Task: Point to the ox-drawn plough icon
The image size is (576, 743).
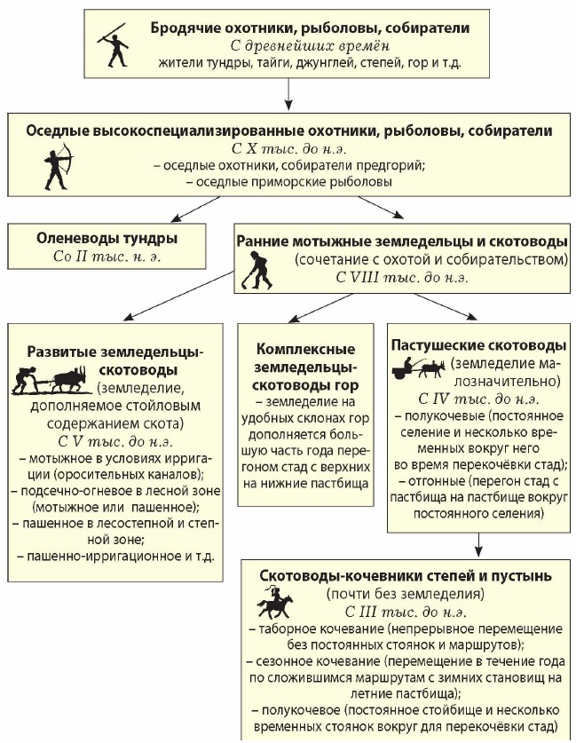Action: [53, 381]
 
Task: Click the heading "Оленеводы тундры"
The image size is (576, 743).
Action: [107, 238]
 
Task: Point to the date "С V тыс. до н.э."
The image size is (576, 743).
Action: [114, 440]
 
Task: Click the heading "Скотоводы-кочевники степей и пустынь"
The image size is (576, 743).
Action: [406, 575]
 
